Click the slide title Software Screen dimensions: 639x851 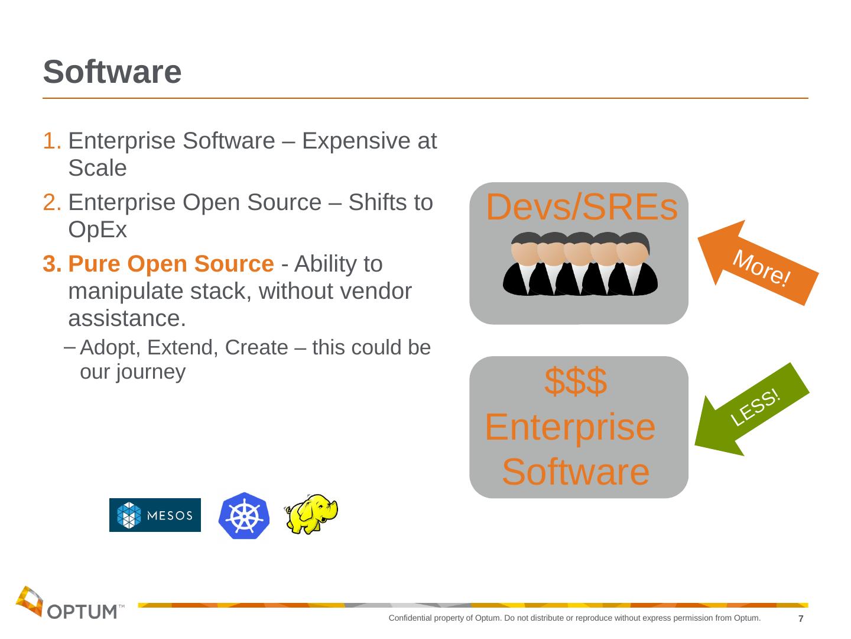112,72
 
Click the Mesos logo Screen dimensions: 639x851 155,515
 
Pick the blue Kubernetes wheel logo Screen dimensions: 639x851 243,515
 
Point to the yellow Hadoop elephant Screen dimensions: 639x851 311,513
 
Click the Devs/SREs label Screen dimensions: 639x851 581,208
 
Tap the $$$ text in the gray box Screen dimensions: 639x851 575,382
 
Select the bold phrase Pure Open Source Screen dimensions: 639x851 171,264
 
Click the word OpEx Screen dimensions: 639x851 98,230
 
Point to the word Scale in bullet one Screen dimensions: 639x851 98,169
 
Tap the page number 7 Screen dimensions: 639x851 801,619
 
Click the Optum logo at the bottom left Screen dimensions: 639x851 69,603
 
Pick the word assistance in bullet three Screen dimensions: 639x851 125,318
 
